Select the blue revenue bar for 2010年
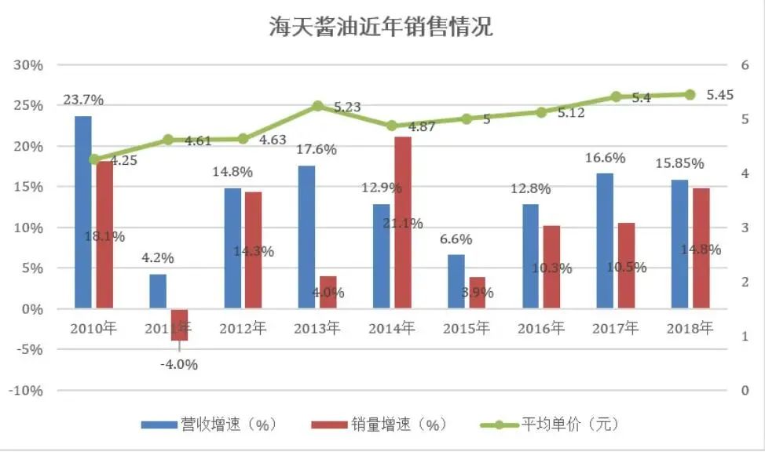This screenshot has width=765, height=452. coord(83,212)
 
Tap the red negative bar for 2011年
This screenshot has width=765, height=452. coord(180,324)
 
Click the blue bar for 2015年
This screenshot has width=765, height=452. coord(456,281)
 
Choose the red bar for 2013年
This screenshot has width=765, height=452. coord(328,292)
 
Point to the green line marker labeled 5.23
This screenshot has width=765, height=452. coord(317,106)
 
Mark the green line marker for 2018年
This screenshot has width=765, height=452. coord(690,94)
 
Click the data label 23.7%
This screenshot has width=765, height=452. coord(83,100)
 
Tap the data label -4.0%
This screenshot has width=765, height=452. coord(179,364)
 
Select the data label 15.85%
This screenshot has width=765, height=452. coord(679,163)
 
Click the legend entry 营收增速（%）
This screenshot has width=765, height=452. coord(209,425)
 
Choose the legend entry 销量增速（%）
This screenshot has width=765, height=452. coord(379,425)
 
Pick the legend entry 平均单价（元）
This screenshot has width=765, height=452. coord(550,425)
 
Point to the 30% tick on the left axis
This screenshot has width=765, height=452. coord(27,65)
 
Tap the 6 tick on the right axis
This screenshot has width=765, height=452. coord(747,65)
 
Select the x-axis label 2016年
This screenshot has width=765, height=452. coord(540,329)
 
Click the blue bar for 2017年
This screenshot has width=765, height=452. coord(605,240)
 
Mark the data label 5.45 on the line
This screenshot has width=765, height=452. coord(719,94)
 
